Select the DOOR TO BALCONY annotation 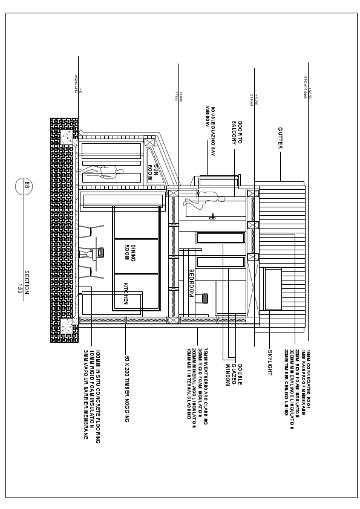(x=237, y=133)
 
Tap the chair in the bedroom (x=206, y=299)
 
